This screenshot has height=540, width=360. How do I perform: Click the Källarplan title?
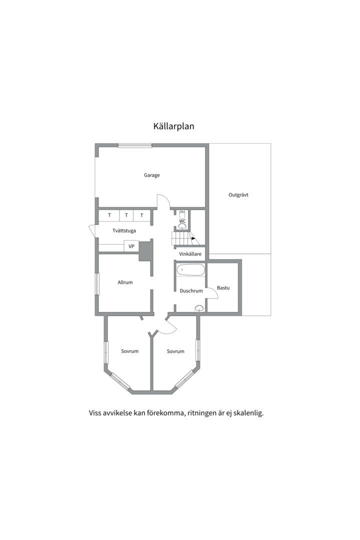click(x=173, y=126)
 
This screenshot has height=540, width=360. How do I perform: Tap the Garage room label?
click(x=151, y=175)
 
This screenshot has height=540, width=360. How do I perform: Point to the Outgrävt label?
click(x=238, y=195)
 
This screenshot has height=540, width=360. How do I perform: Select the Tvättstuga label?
click(x=124, y=230)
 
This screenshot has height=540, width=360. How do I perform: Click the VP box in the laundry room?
click(x=131, y=246)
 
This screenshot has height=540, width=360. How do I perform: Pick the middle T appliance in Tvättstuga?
click(x=126, y=215)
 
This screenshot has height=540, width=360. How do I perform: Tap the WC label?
click(x=182, y=221)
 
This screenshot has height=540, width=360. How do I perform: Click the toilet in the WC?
click(x=182, y=213)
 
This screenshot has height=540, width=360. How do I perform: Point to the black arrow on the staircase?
click(x=193, y=238)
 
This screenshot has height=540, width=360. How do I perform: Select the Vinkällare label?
click(x=190, y=254)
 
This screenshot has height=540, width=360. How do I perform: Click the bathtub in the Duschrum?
click(x=190, y=269)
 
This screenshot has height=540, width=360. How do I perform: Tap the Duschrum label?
click(x=191, y=291)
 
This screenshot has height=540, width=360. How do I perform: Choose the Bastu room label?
click(x=223, y=288)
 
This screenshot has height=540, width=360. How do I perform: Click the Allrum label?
click(x=125, y=282)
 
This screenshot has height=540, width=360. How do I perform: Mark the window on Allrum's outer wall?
click(x=97, y=284)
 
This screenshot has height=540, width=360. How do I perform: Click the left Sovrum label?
click(x=129, y=351)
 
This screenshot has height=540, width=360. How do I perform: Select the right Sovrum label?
click(x=175, y=351)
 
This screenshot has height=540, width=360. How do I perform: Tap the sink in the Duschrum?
click(x=199, y=308)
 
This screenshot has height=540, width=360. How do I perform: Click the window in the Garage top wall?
click(x=134, y=145)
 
